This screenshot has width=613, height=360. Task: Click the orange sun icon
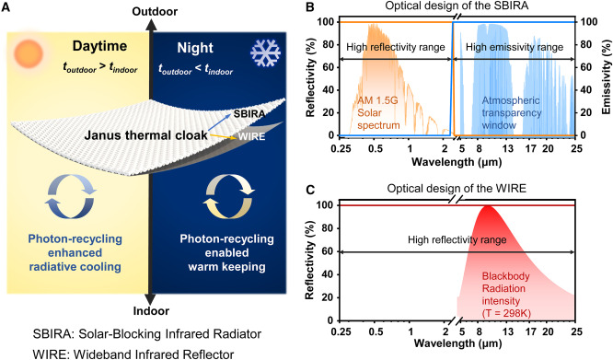click(x=29, y=53)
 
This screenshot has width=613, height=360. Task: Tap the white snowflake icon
click(x=265, y=52)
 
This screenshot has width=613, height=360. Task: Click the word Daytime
click(x=99, y=46)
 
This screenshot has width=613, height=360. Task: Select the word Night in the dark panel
click(x=195, y=48)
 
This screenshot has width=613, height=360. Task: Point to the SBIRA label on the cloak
click(x=249, y=114)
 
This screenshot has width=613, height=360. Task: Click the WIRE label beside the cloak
click(x=252, y=136)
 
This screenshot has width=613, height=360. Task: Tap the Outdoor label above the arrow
click(x=155, y=11)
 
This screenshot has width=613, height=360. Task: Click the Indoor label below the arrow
click(x=151, y=311)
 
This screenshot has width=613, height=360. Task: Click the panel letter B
click(x=310, y=6)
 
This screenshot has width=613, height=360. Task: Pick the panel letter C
click(x=310, y=190)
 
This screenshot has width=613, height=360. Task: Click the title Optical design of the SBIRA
click(x=456, y=6)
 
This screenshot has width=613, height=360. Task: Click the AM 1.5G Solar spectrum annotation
click(x=379, y=113)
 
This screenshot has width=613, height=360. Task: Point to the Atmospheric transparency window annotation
click(x=512, y=113)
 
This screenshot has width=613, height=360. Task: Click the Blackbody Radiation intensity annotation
click(x=506, y=295)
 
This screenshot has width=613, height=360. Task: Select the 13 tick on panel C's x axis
click(x=508, y=331)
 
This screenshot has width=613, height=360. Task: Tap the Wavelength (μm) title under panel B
click(x=457, y=161)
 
